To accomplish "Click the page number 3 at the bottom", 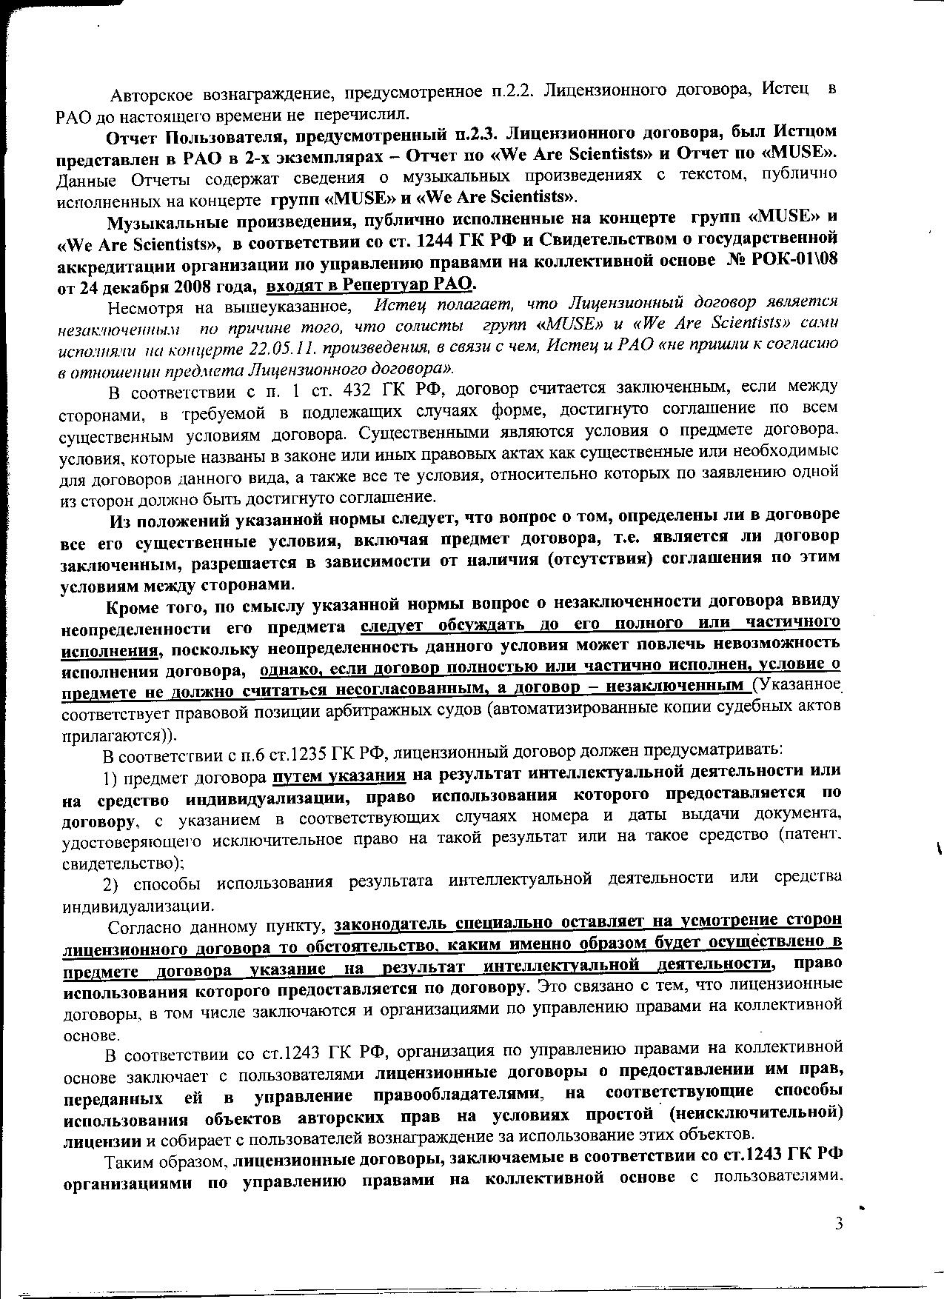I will coord(839,1223).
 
